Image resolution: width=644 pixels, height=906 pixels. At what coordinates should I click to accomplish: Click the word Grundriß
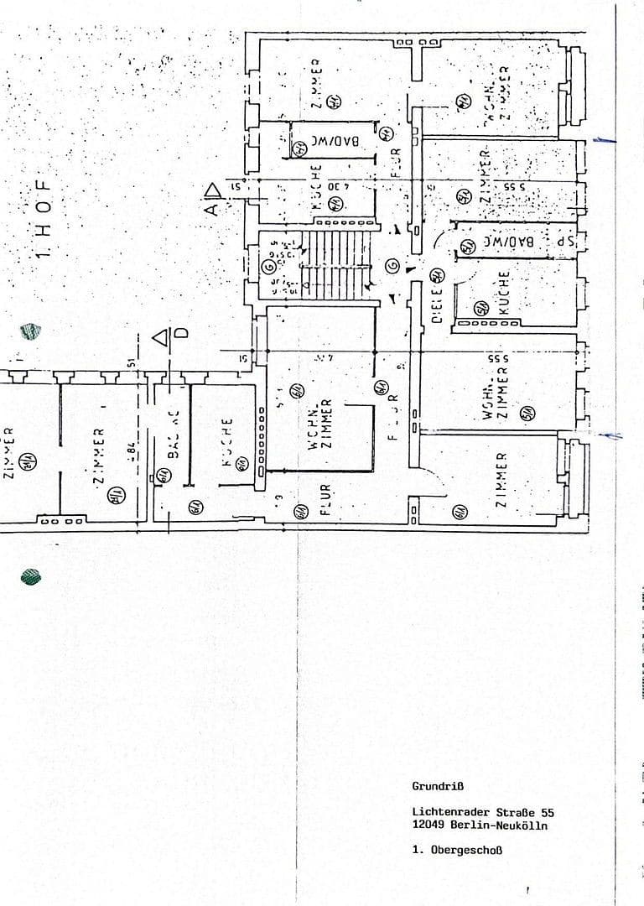pyautogui.click(x=437, y=786)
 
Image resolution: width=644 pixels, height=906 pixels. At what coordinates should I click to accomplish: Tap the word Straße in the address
pyautogui.click(x=512, y=812)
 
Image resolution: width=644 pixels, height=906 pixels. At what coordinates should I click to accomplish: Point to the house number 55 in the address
pyautogui.click(x=547, y=812)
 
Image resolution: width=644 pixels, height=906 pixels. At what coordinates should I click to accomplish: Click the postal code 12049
pyautogui.click(x=427, y=825)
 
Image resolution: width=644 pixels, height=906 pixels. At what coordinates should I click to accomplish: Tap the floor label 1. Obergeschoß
pyautogui.click(x=457, y=850)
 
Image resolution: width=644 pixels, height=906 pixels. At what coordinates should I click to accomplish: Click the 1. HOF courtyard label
pyautogui.click(x=45, y=218)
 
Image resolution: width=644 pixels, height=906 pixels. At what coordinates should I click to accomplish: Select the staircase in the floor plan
pyautogui.click(x=335, y=265)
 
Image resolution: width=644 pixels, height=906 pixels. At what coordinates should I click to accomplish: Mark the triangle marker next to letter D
pyautogui.click(x=161, y=337)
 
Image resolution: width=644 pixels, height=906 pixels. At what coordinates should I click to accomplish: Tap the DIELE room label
pyautogui.click(x=437, y=309)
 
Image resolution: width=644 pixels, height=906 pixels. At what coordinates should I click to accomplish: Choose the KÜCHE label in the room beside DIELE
pyautogui.click(x=503, y=292)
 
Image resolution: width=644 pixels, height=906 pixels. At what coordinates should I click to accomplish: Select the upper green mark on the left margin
pyautogui.click(x=32, y=331)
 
